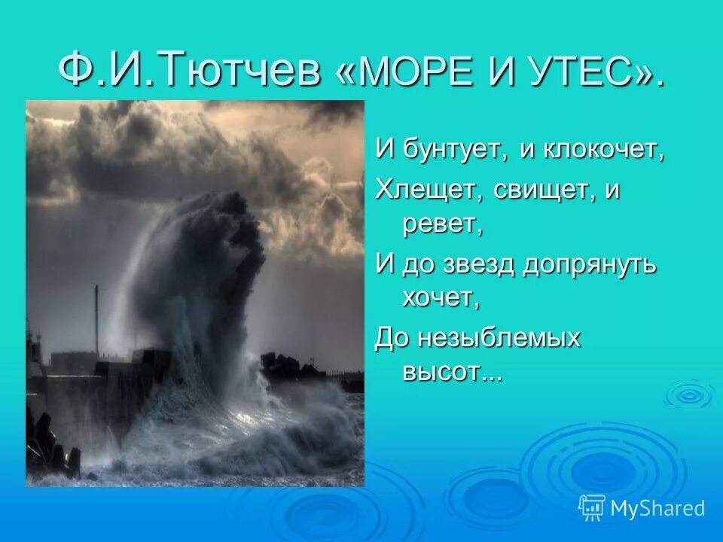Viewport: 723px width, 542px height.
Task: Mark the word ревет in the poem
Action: coord(441,224)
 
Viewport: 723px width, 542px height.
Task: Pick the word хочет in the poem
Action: coord(441,298)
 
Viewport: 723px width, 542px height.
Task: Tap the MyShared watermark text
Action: coord(657,508)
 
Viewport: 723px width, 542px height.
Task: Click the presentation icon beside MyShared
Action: coord(592,508)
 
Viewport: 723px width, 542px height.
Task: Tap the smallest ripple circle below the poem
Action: coord(688,394)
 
